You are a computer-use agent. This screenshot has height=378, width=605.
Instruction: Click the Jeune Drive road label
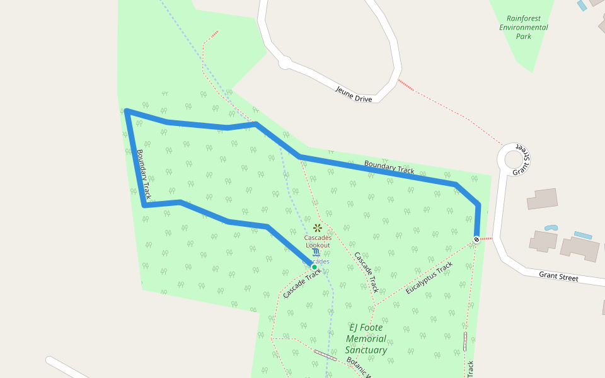354,94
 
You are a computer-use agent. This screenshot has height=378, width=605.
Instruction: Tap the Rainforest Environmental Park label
524,27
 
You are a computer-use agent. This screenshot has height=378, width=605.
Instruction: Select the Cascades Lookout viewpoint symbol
318,227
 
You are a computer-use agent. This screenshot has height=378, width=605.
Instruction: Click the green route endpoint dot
314,267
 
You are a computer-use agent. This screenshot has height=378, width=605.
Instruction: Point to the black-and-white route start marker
476,239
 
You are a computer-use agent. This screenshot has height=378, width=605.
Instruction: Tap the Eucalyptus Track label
429,278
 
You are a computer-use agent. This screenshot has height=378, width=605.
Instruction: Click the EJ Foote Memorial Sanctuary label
366,338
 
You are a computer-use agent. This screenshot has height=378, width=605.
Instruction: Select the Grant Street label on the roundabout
521,162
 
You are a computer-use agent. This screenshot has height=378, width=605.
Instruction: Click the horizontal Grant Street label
558,276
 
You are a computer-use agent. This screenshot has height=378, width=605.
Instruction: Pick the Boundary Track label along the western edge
143,175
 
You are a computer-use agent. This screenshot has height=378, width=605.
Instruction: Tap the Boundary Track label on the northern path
389,167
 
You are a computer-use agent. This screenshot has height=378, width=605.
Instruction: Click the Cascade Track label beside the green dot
302,284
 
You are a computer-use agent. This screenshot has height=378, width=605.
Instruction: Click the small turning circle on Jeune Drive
285,62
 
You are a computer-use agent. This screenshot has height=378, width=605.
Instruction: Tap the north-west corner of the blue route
127,112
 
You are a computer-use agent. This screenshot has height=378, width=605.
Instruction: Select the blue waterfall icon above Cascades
316,253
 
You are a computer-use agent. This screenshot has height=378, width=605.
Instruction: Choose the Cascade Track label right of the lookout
366,272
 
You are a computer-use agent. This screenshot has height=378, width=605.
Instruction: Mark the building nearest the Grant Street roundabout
542,198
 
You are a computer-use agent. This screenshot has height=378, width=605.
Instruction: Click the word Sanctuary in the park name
366,350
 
